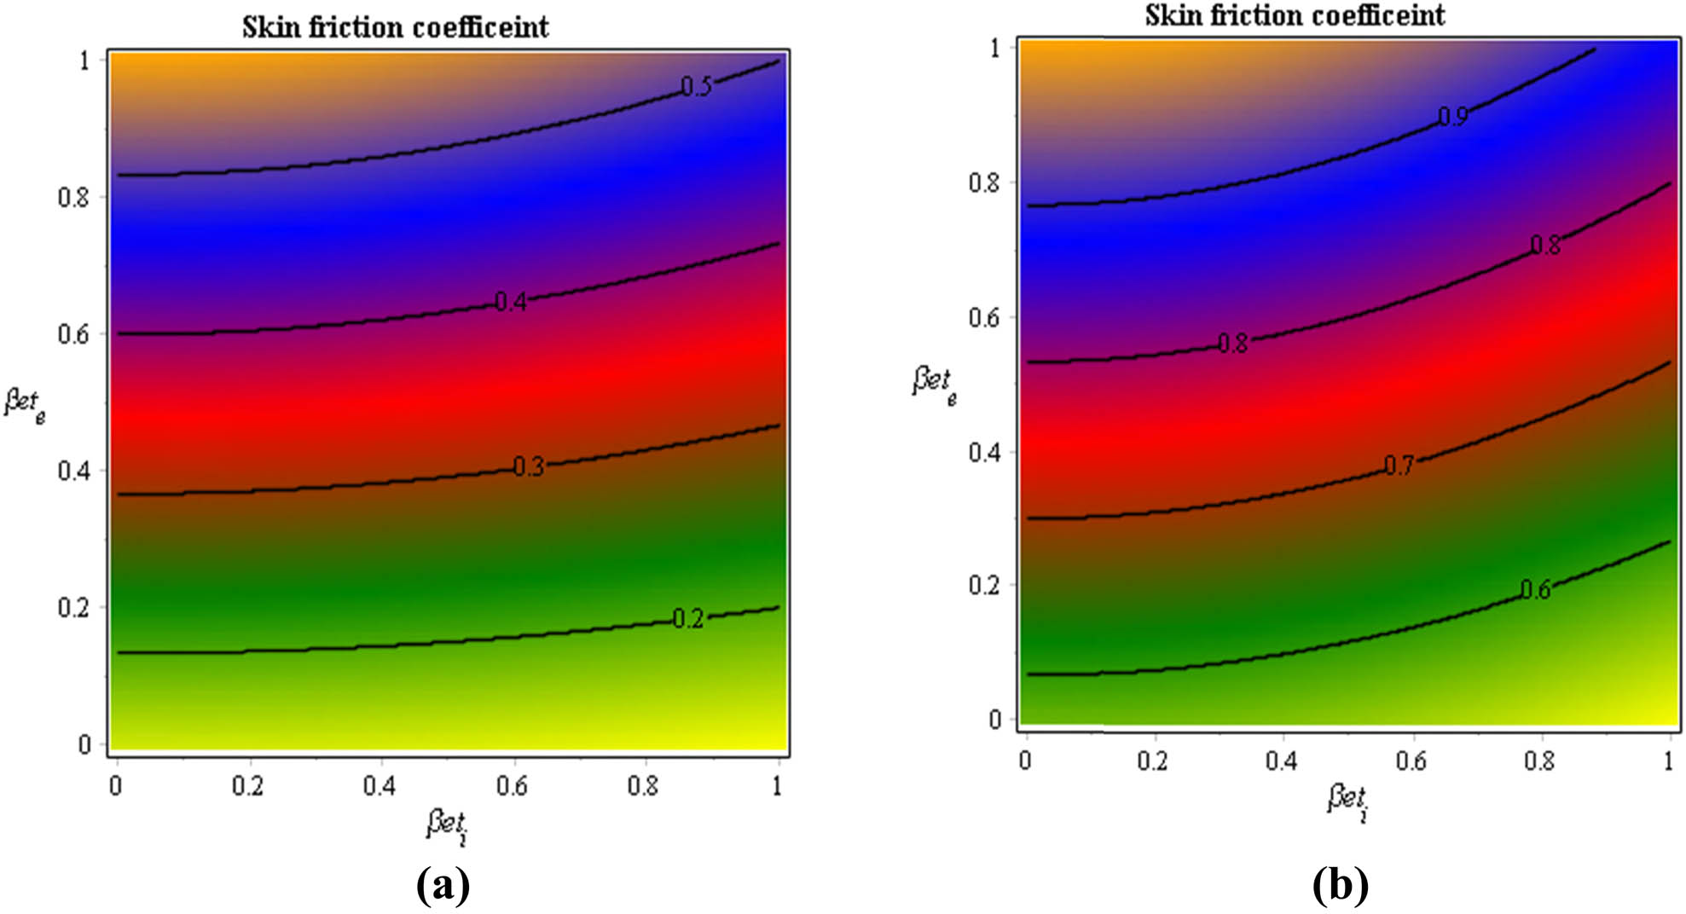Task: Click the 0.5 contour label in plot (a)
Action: pyautogui.click(x=696, y=87)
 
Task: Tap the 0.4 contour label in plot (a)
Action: pyautogui.click(x=511, y=302)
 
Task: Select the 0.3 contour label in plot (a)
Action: pyautogui.click(x=528, y=466)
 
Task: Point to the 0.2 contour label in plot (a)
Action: pyautogui.click(x=687, y=619)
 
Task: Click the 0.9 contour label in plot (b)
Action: pyautogui.click(x=1452, y=117)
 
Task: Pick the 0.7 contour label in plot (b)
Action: pyautogui.click(x=1399, y=466)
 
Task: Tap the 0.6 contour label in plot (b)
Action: pyautogui.click(x=1535, y=590)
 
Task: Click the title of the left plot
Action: pyautogui.click(x=395, y=27)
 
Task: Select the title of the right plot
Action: pyautogui.click(x=1295, y=15)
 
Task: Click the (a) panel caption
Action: pyautogui.click(x=443, y=886)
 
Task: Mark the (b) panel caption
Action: pyautogui.click(x=1340, y=886)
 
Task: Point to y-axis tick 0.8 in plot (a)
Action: pyautogui.click(x=72, y=197)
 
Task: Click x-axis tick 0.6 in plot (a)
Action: pyautogui.click(x=512, y=786)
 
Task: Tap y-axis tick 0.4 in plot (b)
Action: pyautogui.click(x=984, y=452)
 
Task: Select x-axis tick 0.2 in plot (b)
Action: pyautogui.click(x=1152, y=761)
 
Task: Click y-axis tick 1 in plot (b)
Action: pyautogui.click(x=994, y=48)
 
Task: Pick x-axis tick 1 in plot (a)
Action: pyautogui.click(x=777, y=786)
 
